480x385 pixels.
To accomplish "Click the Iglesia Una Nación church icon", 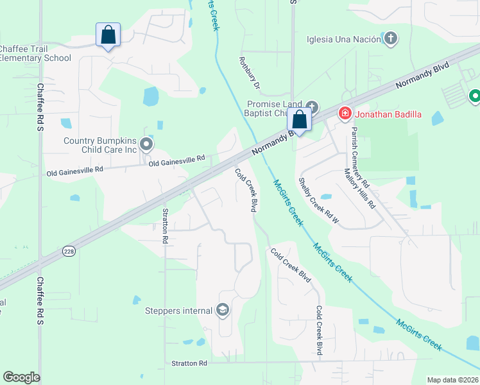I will [x=390, y=38].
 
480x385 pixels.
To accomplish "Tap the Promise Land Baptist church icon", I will [x=312, y=107].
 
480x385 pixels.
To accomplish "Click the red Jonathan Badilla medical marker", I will [x=345, y=114].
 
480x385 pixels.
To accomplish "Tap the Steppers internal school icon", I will [x=223, y=311].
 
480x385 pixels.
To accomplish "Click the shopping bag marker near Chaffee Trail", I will [x=108, y=35].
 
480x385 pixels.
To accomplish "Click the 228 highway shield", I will [x=69, y=252].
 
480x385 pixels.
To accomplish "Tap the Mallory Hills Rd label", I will [x=359, y=189].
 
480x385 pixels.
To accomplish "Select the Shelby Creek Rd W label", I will [x=319, y=200].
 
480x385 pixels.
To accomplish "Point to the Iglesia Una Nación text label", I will [x=344, y=39].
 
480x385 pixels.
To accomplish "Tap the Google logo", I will [x=21, y=377].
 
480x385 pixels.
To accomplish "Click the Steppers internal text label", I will [x=180, y=311].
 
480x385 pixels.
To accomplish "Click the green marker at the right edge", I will [x=475, y=96].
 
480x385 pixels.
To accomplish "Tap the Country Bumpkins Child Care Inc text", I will [x=101, y=145].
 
